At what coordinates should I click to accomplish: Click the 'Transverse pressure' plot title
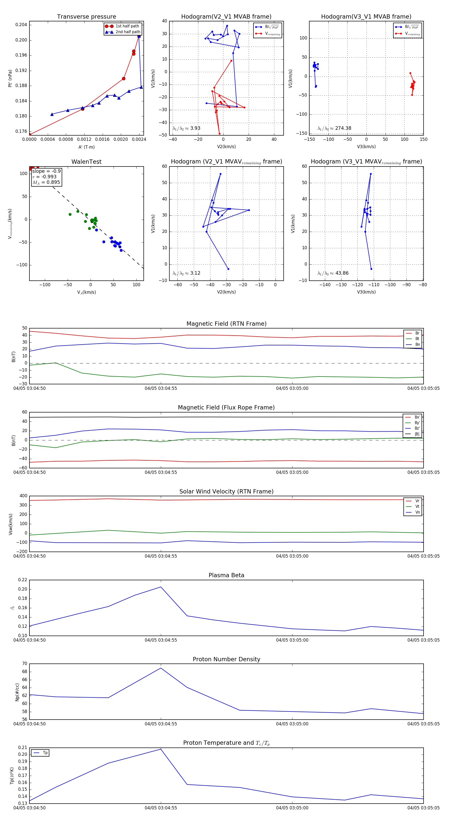click(x=86, y=17)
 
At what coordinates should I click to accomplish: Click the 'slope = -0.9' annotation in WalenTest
click(x=46, y=171)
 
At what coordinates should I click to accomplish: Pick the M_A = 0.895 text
click(x=46, y=182)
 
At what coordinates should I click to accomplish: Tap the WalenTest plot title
click(x=86, y=162)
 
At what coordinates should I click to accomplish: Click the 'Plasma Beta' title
click(x=226, y=575)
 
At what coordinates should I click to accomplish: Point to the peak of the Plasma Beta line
click(x=161, y=587)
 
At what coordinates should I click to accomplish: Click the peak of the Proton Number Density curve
click(x=161, y=668)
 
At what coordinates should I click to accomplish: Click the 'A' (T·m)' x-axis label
click(x=86, y=147)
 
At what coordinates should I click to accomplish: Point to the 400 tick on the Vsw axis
click(x=23, y=496)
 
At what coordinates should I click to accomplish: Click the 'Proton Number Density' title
click(x=226, y=659)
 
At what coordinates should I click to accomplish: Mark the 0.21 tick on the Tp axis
click(x=23, y=748)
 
